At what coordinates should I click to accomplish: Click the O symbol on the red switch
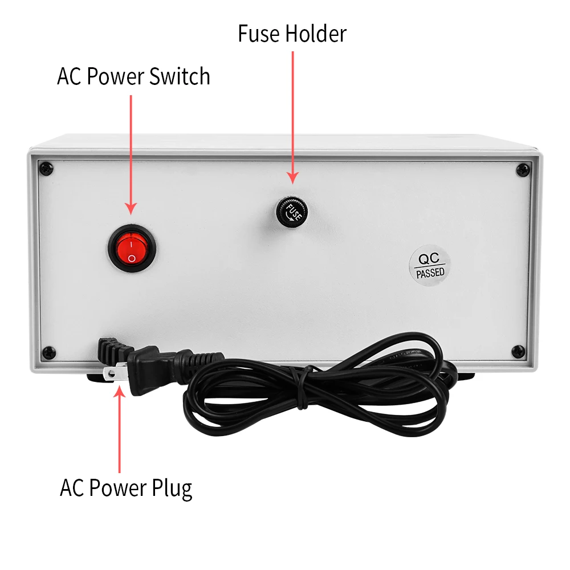point(132,258)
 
